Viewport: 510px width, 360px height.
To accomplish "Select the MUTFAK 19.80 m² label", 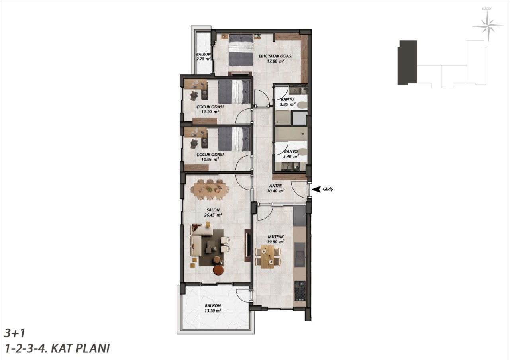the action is (x=276, y=239).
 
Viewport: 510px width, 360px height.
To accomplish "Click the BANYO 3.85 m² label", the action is (x=288, y=102).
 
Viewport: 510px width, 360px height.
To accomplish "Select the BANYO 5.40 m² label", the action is (x=291, y=154).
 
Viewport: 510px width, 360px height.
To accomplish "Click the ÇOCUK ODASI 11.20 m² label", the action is (x=210, y=109).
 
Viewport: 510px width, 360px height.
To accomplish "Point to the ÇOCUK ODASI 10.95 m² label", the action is (x=210, y=157).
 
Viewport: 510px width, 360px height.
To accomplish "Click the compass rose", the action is (x=488, y=26).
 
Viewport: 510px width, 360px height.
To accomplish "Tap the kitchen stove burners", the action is (x=300, y=291).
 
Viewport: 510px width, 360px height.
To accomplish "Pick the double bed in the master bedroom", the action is (x=241, y=50).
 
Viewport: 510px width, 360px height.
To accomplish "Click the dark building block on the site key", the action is (x=407, y=63).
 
